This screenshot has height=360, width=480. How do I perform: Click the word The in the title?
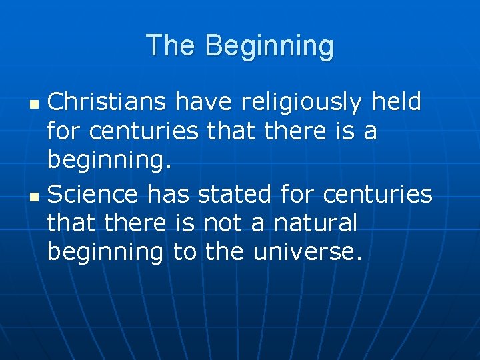pos(172,46)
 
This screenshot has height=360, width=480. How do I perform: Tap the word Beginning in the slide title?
pos(269,46)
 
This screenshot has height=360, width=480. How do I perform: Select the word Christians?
pos(107,102)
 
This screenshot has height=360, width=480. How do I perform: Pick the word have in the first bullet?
pos(204,102)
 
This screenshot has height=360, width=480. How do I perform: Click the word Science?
pos(93,195)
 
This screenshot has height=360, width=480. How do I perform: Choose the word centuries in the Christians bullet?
pos(143,131)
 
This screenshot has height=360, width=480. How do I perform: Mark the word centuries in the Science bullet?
pos(377,195)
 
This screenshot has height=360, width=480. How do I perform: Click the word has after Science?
pos(169,195)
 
